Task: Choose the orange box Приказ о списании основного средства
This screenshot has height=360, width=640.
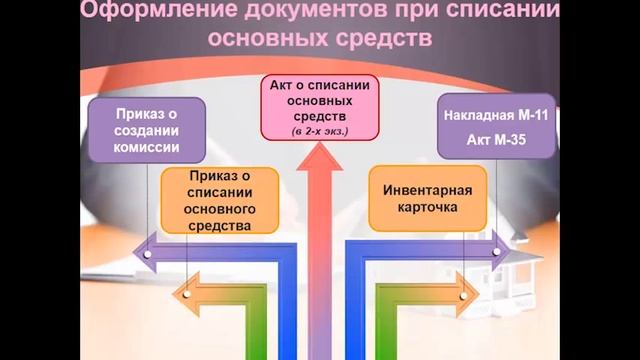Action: click(218, 200)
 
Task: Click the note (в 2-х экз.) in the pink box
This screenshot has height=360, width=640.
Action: click(320, 131)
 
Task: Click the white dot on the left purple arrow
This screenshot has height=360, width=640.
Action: click(147, 254)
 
